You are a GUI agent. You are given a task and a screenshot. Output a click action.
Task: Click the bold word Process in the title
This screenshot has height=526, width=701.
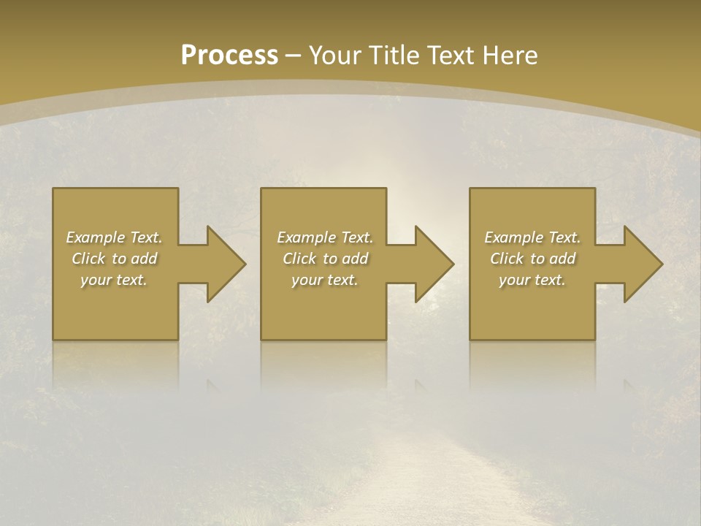pyautogui.click(x=229, y=56)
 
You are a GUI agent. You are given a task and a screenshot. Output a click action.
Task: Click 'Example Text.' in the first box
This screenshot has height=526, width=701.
pyautogui.click(x=115, y=237)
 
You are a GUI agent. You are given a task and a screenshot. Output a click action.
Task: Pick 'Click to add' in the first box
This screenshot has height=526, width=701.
pyautogui.click(x=115, y=259)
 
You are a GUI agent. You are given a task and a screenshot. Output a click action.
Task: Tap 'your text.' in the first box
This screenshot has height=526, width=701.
pyautogui.click(x=115, y=280)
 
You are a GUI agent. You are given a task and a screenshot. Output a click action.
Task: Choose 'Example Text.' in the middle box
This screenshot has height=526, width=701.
pyautogui.click(x=325, y=237)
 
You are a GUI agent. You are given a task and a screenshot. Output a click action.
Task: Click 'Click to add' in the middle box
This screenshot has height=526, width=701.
pyautogui.click(x=325, y=259)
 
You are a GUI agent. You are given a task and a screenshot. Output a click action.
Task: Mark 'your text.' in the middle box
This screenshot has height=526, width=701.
pyautogui.click(x=325, y=280)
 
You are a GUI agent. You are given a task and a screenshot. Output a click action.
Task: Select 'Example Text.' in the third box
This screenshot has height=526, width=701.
pyautogui.click(x=532, y=237)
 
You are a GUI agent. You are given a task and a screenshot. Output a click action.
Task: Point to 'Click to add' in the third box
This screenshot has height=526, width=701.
pyautogui.click(x=532, y=259)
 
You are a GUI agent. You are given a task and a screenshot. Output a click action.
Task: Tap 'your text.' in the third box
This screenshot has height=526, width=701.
pyautogui.click(x=532, y=280)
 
